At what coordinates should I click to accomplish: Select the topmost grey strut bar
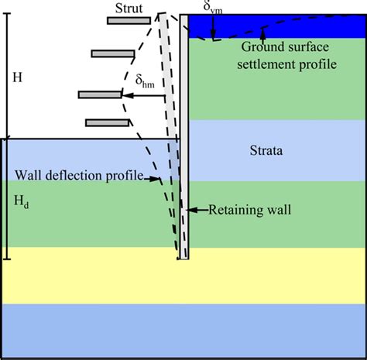click(x=129, y=20)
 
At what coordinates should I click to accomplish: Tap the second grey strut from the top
click(x=112, y=53)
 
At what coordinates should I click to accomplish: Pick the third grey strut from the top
click(x=99, y=94)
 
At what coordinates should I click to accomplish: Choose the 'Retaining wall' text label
click(x=240, y=209)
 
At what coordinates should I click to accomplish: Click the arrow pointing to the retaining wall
click(x=197, y=209)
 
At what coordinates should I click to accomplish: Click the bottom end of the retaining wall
click(x=183, y=256)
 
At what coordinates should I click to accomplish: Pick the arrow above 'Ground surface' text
click(x=264, y=34)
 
